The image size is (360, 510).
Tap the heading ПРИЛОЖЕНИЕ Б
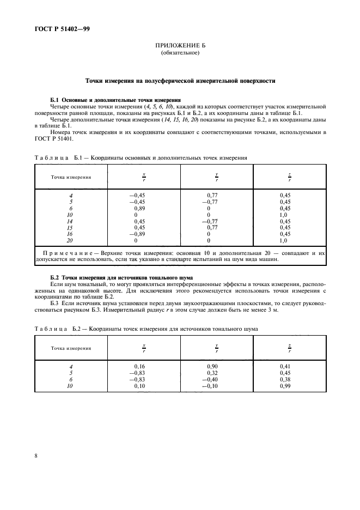[x=180, y=46]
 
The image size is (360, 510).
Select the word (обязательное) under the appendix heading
[x=180, y=53]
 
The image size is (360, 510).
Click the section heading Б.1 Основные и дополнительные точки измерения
[x=115, y=100]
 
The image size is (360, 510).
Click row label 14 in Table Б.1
[x=70, y=221]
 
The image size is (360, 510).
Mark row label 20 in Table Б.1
[x=70, y=240]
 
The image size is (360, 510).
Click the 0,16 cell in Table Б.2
[x=139, y=366]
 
